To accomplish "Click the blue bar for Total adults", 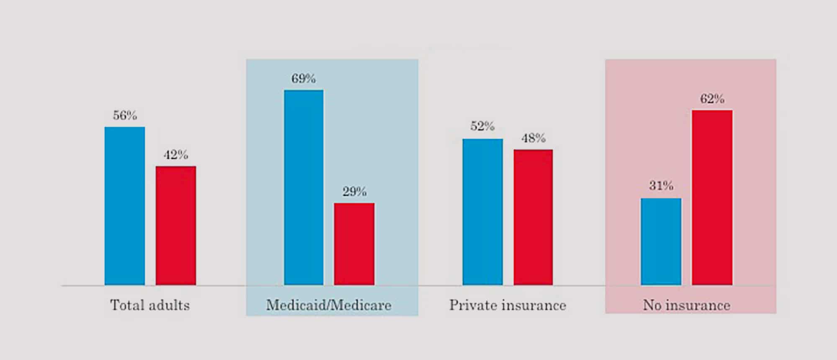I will click(x=125, y=206).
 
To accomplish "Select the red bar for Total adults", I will click(x=176, y=226).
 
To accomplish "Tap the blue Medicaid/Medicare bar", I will click(x=304, y=188).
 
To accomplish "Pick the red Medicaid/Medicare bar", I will click(x=354, y=244).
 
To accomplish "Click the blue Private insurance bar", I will click(x=483, y=212).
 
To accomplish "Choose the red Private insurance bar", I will click(x=533, y=217).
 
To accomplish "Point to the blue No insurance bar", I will click(x=661, y=242).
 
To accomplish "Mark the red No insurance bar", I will click(x=712, y=198).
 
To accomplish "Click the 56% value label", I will click(x=125, y=116).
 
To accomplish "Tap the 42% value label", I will click(x=176, y=155).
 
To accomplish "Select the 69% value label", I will click(x=303, y=79).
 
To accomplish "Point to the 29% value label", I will click(x=354, y=192).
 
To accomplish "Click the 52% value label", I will click(x=482, y=126).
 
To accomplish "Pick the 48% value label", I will click(x=533, y=138).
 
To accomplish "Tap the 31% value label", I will click(x=661, y=185).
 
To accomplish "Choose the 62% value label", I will click(x=712, y=99).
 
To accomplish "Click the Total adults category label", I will click(x=150, y=305).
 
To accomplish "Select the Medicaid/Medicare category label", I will click(x=329, y=305).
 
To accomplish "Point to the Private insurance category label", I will click(x=508, y=305).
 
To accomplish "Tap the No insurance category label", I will click(x=686, y=305).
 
